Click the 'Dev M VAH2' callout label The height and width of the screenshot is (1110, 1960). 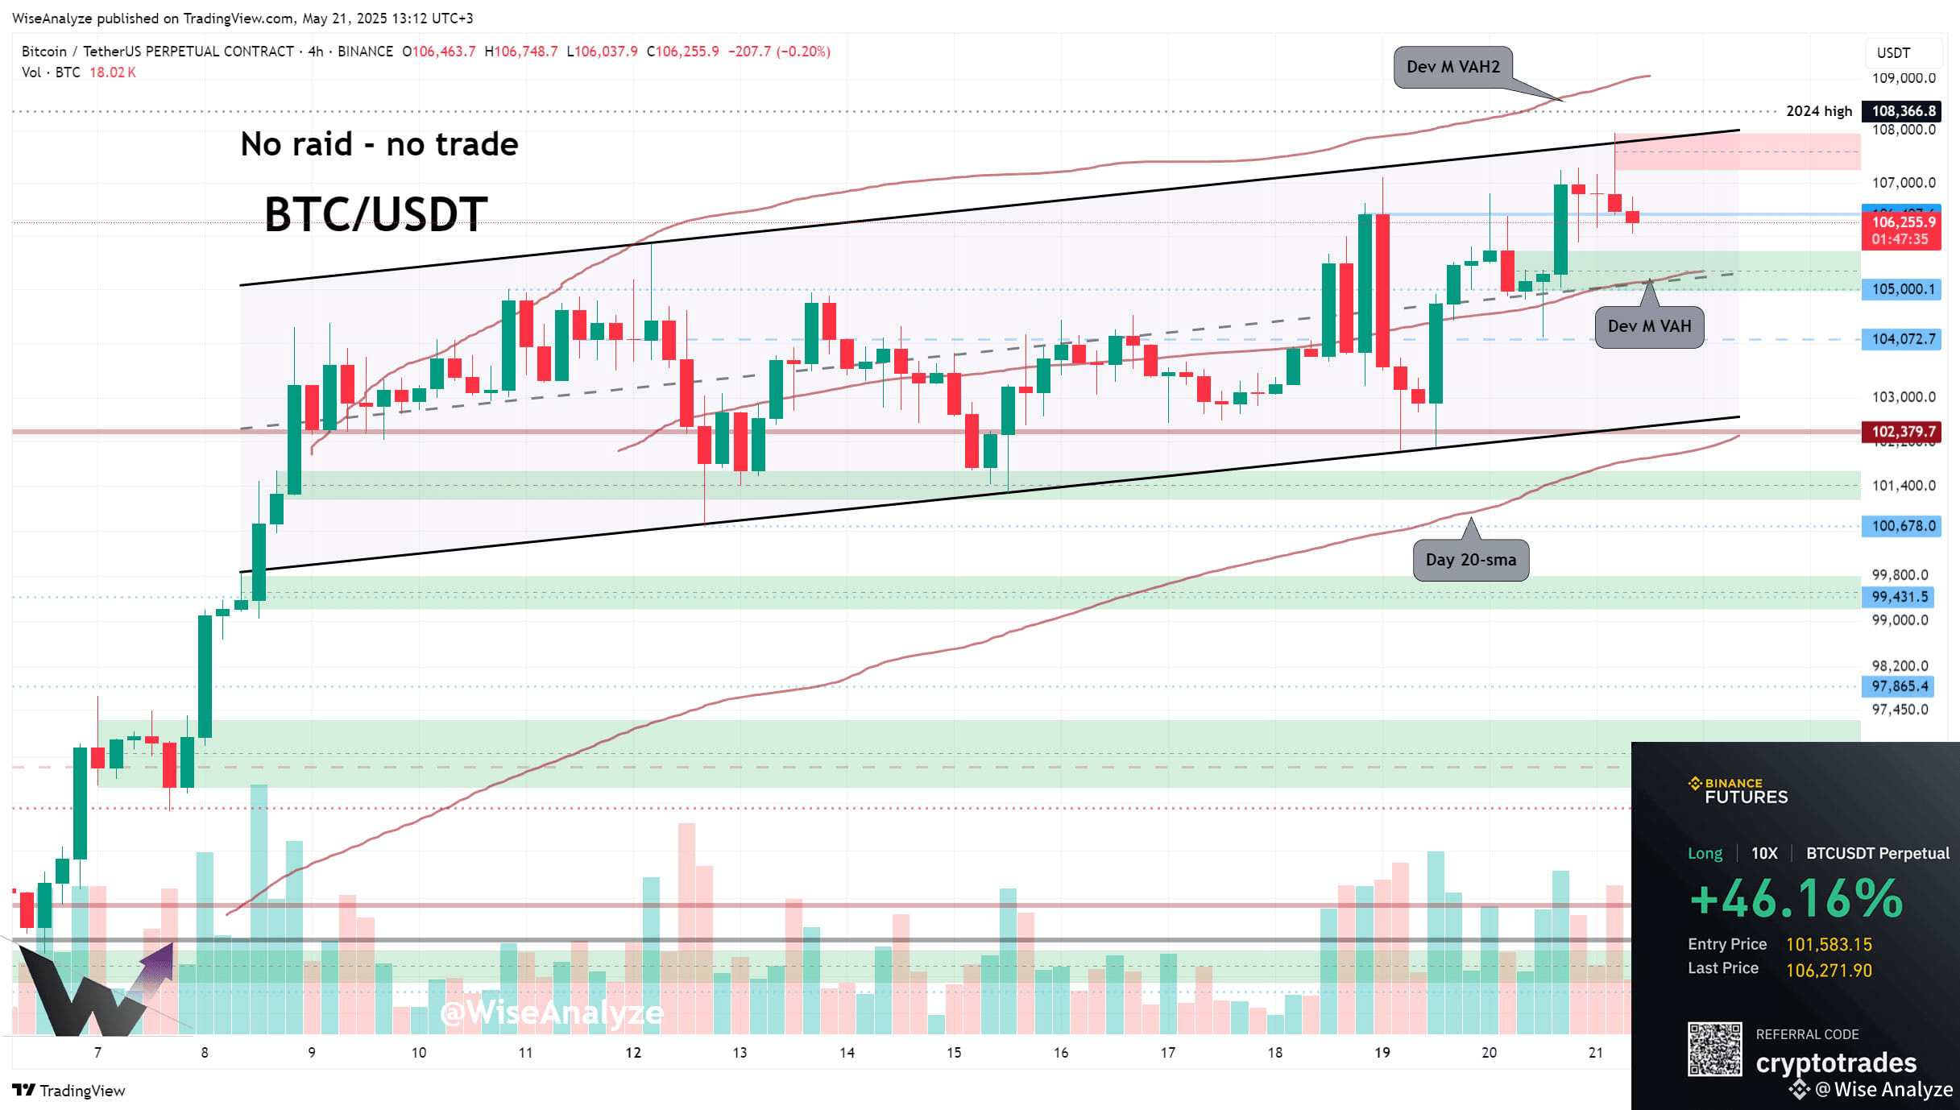[1452, 67]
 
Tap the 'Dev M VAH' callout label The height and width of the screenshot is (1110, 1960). [1649, 326]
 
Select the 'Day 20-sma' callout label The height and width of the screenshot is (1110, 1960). [1470, 560]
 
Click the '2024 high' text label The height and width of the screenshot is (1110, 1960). [1818, 111]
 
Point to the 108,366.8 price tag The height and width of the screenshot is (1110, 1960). [1902, 111]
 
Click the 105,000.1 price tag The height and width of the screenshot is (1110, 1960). [1902, 289]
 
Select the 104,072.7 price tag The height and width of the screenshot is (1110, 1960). [1902, 339]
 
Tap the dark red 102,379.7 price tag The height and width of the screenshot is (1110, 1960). [1902, 432]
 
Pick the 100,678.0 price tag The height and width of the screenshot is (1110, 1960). [1902, 526]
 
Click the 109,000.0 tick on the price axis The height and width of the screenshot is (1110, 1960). [1902, 78]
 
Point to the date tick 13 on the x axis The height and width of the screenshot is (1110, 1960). [740, 1052]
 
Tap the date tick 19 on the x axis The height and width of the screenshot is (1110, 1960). [1382, 1052]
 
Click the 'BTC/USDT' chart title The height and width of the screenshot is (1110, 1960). [375, 214]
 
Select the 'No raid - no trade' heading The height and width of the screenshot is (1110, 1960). [379, 144]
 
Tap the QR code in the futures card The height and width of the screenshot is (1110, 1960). [1714, 1049]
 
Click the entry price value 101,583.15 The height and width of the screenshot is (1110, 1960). [1829, 944]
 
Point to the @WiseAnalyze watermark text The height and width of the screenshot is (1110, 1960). [552, 1013]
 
